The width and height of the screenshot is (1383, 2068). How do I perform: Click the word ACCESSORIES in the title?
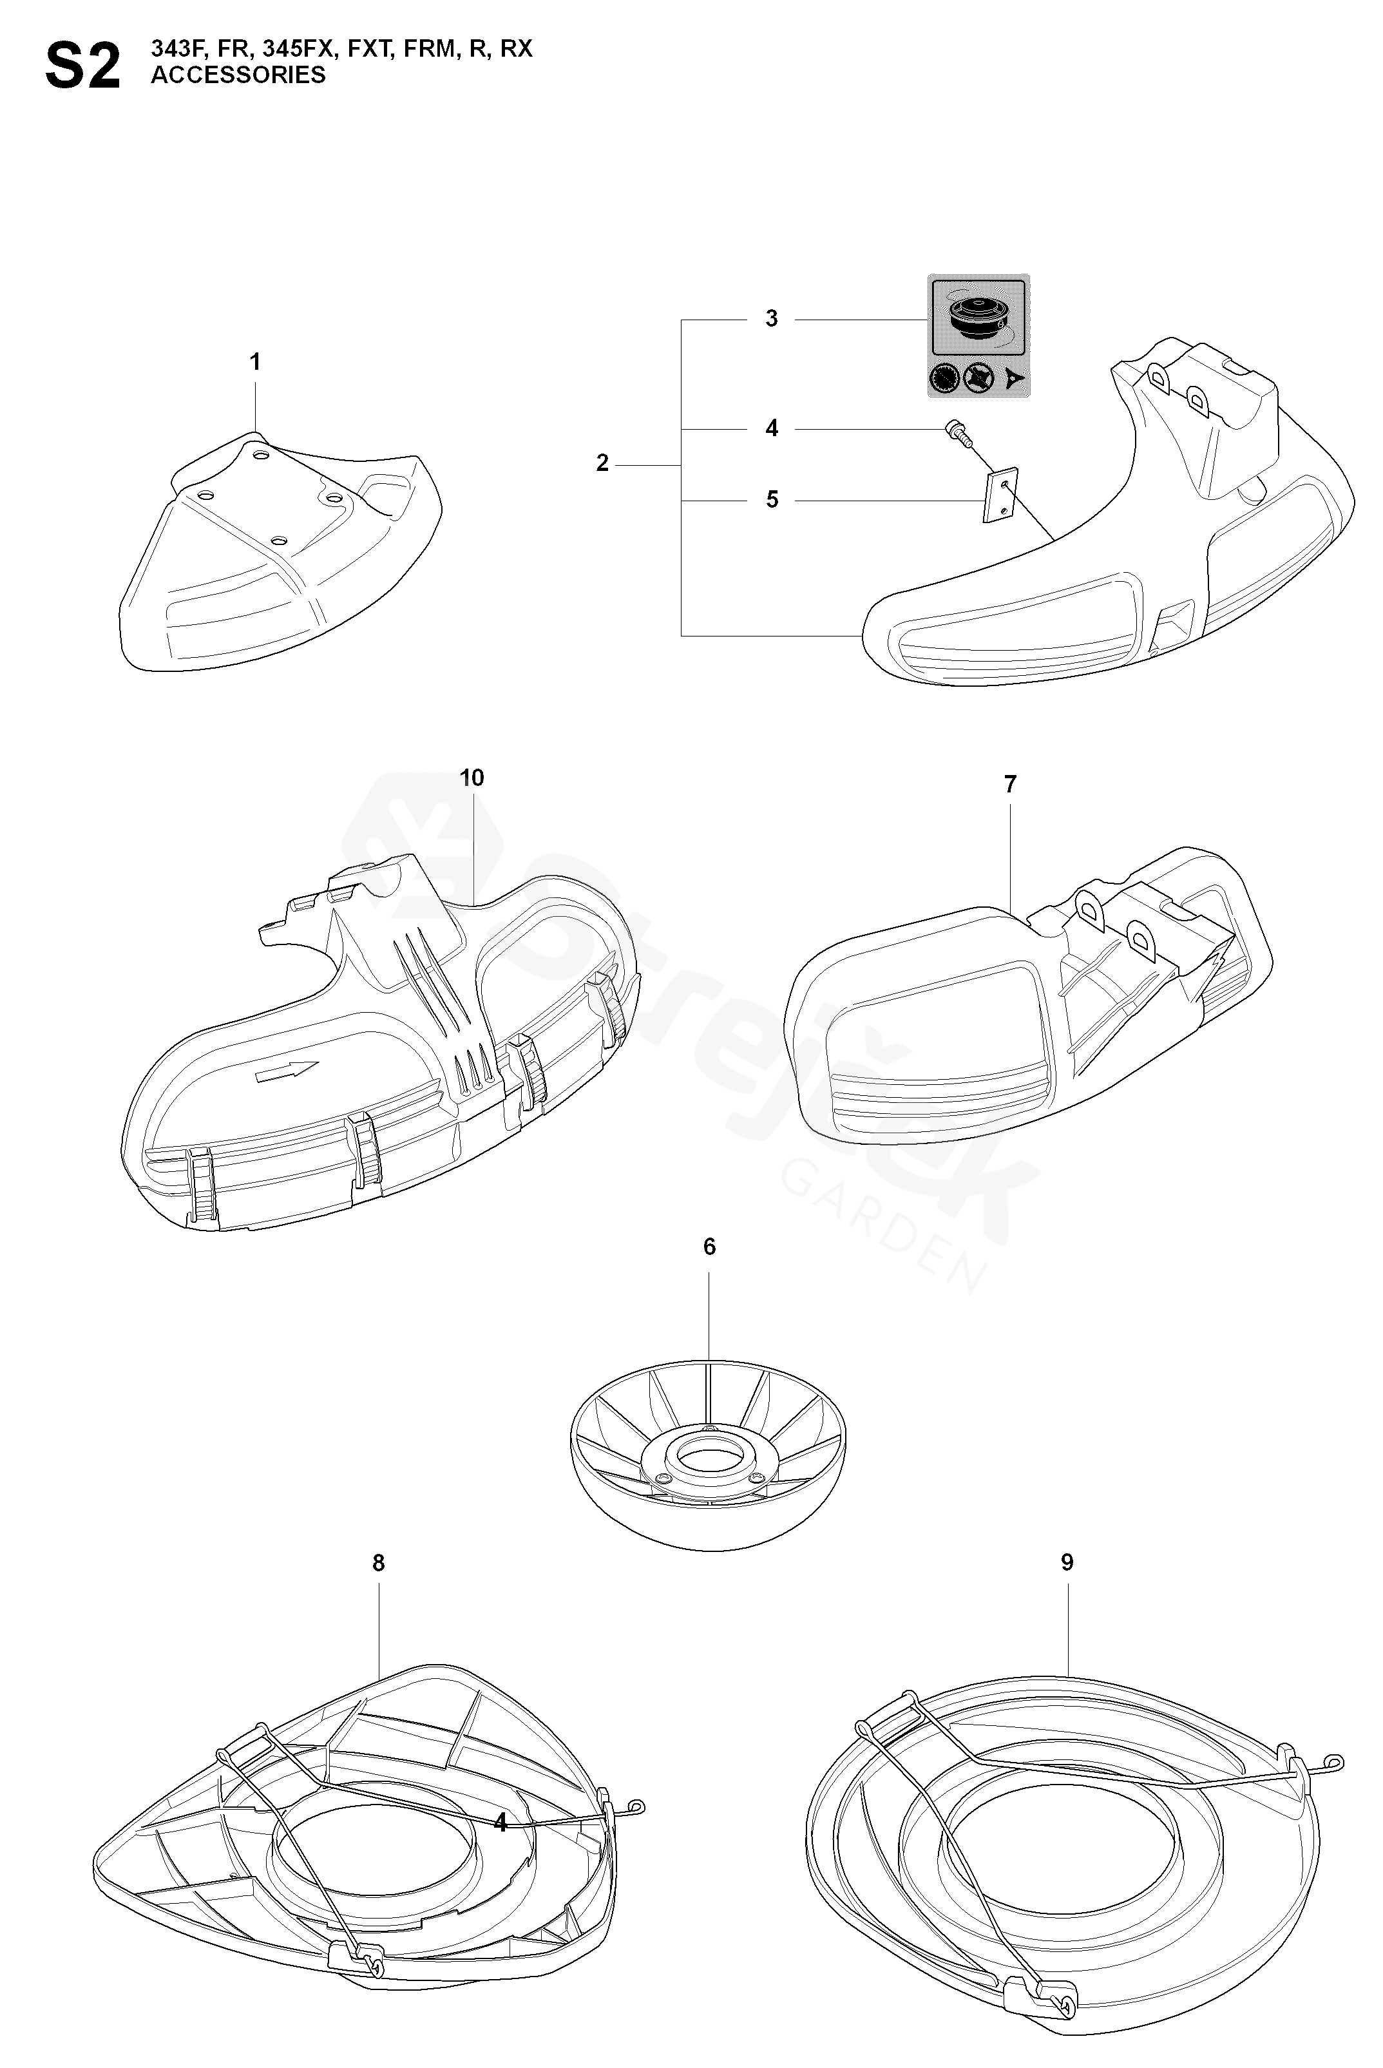238,76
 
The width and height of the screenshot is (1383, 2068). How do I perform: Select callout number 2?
602,463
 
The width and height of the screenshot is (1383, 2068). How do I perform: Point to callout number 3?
772,318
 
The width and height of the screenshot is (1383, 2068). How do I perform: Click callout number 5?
772,500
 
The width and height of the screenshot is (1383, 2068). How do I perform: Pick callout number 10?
472,778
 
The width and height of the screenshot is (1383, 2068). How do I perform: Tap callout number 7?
1010,783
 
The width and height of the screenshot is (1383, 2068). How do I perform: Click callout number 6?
709,1247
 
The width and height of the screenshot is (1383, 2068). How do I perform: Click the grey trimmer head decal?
979,335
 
